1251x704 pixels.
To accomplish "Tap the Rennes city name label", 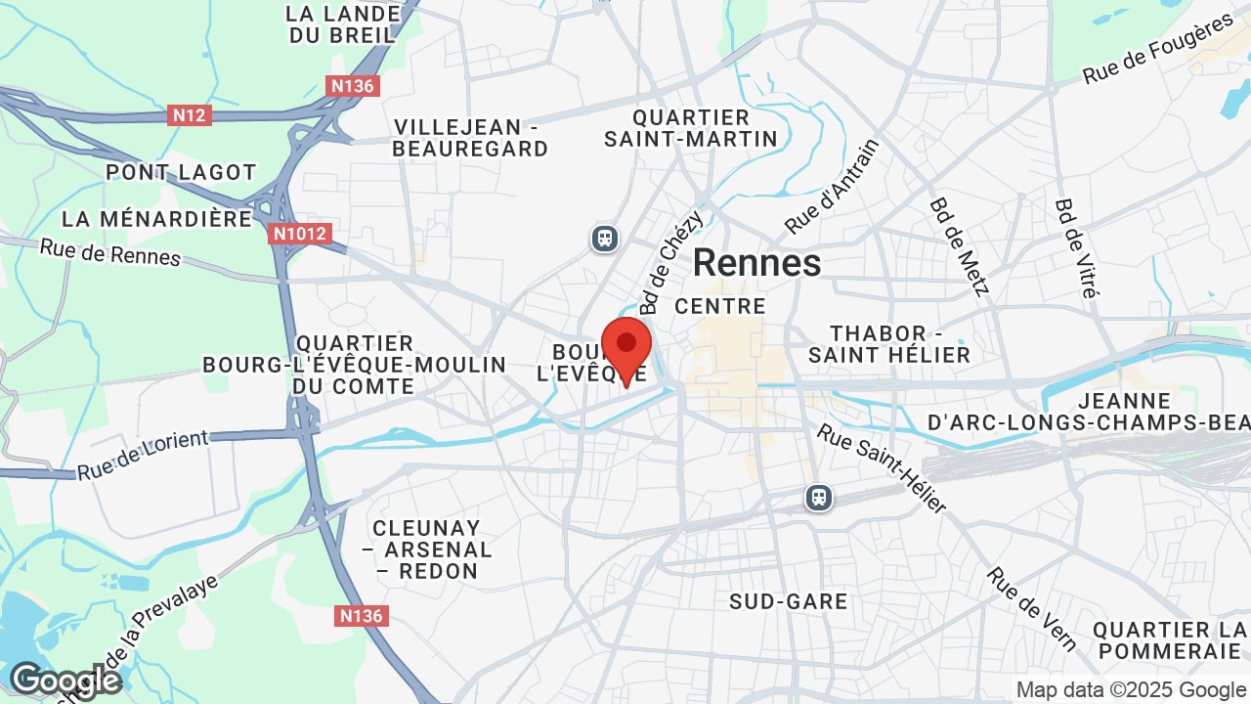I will [x=757, y=263].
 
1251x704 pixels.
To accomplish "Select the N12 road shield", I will [x=190, y=115].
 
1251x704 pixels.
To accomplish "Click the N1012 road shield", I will [x=300, y=234].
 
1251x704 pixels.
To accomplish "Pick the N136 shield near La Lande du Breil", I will [x=353, y=86].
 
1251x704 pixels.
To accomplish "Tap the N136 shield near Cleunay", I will [x=362, y=616].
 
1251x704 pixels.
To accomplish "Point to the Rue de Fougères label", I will [x=1158, y=50].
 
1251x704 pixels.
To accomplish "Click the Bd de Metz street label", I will [x=959, y=245].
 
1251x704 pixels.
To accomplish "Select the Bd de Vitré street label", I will [x=1077, y=248].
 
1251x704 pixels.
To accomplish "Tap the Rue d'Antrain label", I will [x=832, y=187].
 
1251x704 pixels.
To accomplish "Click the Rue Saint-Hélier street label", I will [x=882, y=468].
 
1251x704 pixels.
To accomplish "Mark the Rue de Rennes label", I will [x=110, y=252].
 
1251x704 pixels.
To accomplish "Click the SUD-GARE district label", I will [x=789, y=601].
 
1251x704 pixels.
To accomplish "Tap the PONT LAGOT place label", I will [x=181, y=172].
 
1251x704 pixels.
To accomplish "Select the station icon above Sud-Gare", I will [x=819, y=498].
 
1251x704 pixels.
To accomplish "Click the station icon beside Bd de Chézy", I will [x=605, y=239].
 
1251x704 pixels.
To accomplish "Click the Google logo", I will [x=65, y=680].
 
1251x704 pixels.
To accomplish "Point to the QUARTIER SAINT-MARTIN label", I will [x=691, y=128].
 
